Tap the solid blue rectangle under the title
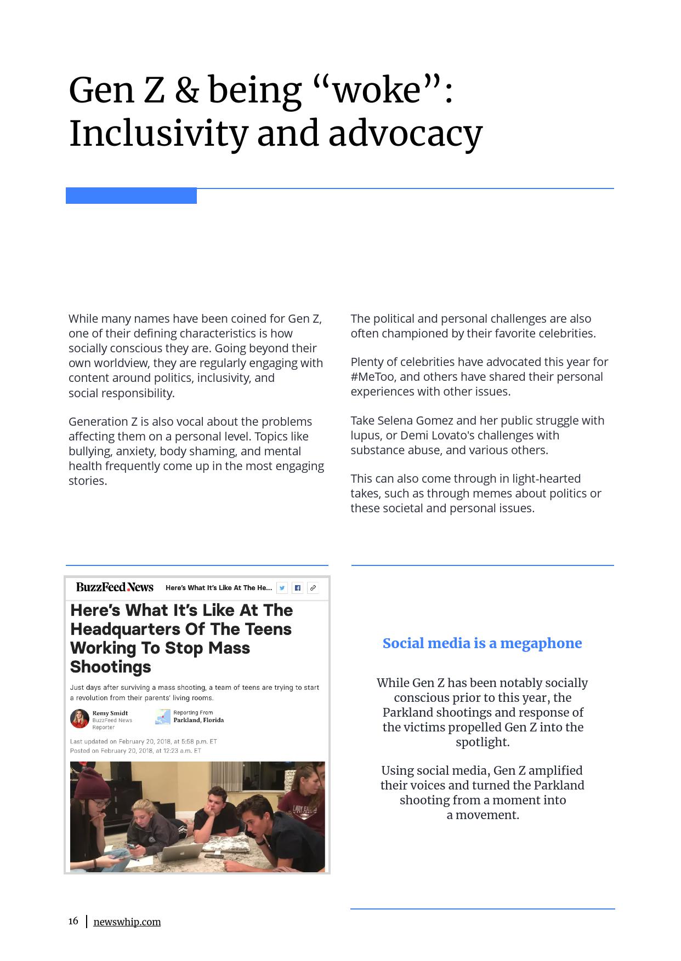[131, 196]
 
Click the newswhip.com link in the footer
[127, 922]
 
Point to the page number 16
[73, 921]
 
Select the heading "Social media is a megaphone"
[482, 643]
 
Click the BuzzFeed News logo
[115, 587]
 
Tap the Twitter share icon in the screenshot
[282, 588]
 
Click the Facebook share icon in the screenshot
[297, 588]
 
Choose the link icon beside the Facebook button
[313, 588]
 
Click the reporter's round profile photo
[80, 718]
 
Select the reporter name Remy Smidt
[110, 713]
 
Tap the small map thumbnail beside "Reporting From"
[163, 716]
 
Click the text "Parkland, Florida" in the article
[198, 720]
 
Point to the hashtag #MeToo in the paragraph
[373, 377]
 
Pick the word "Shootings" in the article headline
[110, 667]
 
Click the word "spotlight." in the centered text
[483, 742]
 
